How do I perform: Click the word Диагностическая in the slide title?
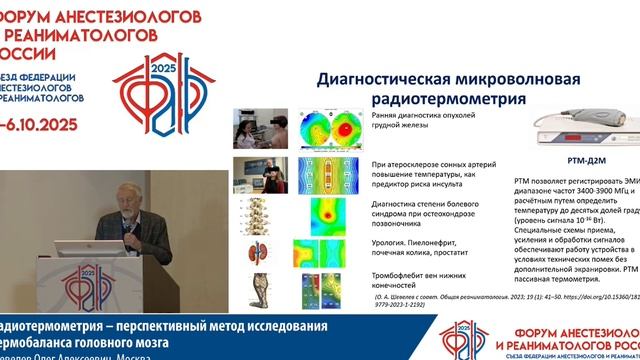pyautogui.click(x=374, y=80)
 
